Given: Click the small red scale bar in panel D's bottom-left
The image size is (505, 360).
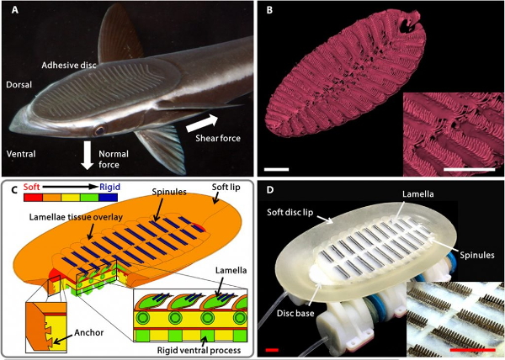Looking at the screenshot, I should point(271,347).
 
